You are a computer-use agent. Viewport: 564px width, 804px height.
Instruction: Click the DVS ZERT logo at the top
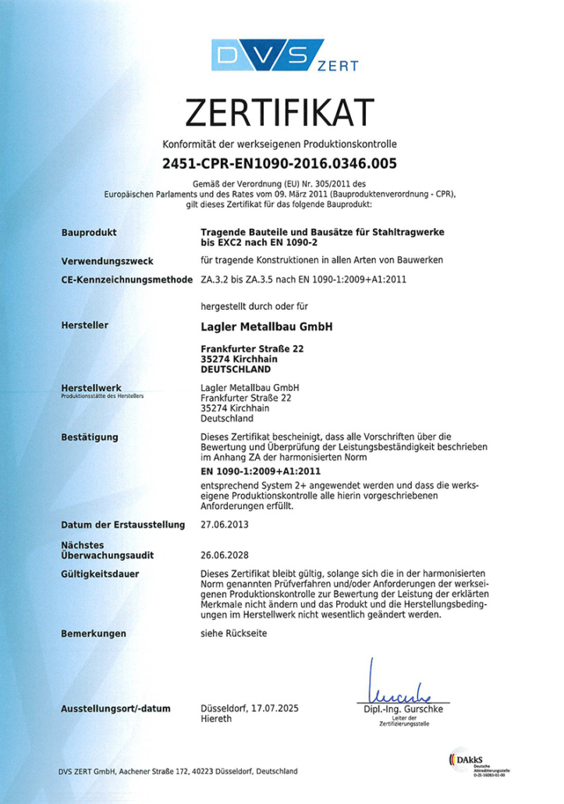(x=282, y=57)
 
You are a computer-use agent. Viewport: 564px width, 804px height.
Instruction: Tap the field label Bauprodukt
(x=88, y=233)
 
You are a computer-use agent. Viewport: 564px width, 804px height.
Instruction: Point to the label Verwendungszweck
(x=106, y=261)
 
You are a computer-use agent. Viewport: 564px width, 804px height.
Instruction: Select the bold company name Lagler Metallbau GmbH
(x=266, y=326)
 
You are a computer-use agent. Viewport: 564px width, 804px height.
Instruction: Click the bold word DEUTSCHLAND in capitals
(x=236, y=368)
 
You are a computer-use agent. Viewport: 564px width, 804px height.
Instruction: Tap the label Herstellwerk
(x=90, y=388)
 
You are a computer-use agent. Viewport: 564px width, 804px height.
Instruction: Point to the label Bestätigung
(x=89, y=436)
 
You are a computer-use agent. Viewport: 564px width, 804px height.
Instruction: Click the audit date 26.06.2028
(x=225, y=555)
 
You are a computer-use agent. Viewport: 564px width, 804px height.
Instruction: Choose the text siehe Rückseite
(x=233, y=634)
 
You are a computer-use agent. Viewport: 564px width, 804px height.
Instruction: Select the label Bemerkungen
(x=93, y=634)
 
